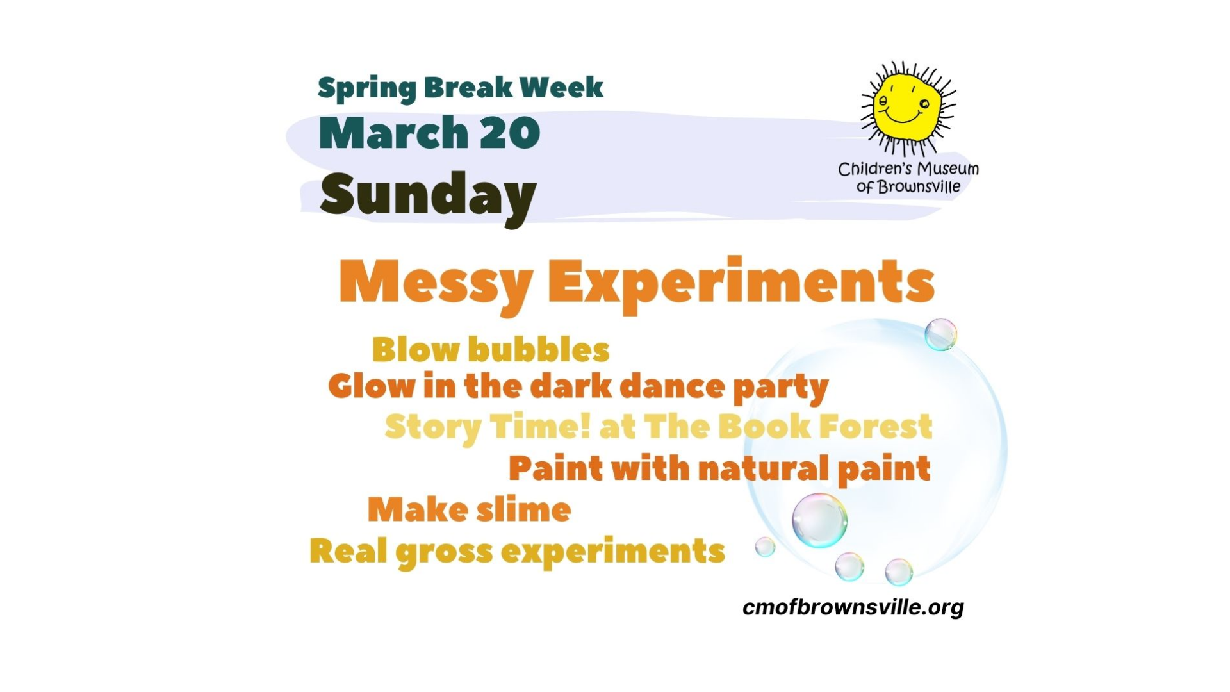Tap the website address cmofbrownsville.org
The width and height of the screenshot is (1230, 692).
coord(853,607)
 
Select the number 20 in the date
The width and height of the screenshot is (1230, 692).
coord(509,133)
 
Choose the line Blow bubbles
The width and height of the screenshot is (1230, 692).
coord(491,350)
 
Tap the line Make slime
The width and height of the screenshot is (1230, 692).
coord(469,510)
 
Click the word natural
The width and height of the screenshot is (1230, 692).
coord(762,468)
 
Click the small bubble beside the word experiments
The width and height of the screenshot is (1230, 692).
coord(765,547)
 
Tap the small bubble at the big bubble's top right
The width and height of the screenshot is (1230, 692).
coord(940,334)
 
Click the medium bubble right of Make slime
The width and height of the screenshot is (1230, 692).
coord(819,520)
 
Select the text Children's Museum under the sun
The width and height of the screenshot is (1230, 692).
coord(908,169)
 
